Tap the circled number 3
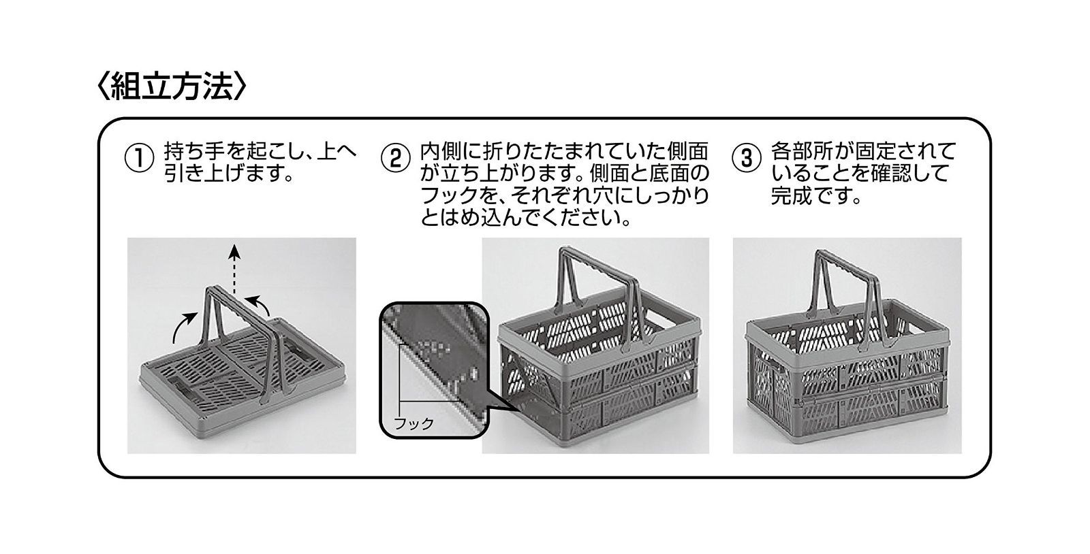tap(745, 158)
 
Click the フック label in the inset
tap(414, 423)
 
